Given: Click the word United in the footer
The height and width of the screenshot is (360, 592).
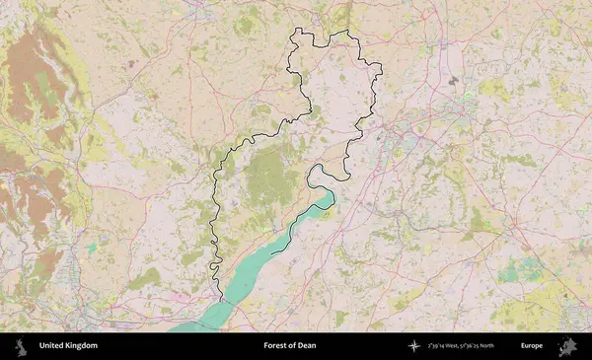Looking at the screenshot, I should click(52, 346).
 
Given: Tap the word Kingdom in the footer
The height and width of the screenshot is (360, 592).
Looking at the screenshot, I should click(81, 346).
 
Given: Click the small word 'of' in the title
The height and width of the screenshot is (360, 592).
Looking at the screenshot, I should click(293, 346).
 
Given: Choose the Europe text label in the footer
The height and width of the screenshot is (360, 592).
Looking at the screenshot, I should click(532, 346).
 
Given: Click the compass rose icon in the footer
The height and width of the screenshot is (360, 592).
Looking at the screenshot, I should click(412, 346).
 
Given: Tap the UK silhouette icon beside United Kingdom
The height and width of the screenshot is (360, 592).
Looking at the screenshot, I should click(22, 346).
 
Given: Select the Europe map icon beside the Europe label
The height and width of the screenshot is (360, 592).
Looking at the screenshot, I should click(567, 346).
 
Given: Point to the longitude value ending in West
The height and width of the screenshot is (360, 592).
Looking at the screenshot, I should click(445, 346).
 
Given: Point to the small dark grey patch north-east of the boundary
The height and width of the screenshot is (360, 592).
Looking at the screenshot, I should click(453, 78).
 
